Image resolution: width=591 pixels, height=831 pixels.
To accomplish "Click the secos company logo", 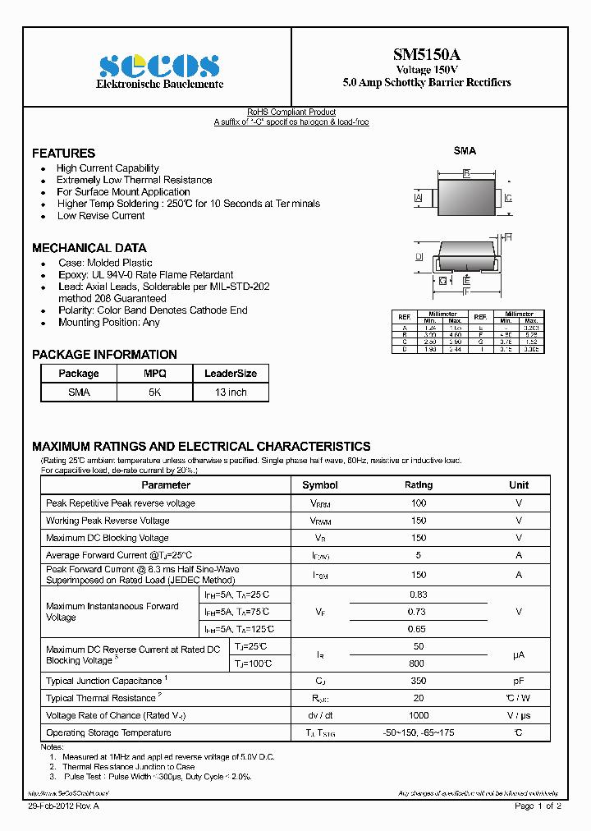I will point(158,66).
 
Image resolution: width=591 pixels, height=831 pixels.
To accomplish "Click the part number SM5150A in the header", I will point(426,55).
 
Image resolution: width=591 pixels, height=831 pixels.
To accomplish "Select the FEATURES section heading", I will point(63,154).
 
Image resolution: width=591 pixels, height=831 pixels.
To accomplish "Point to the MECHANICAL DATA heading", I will point(89,248).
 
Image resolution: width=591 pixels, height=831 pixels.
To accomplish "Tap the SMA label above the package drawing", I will point(465,151).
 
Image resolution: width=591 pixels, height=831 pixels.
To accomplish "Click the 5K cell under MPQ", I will point(154,393).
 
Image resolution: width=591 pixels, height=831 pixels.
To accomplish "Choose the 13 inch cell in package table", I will point(230,393).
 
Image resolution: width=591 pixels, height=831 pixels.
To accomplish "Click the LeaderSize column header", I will point(230,373).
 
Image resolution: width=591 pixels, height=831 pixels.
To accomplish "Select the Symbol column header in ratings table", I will point(319,485).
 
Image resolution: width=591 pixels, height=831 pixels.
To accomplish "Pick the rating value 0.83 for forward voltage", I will point(418,594).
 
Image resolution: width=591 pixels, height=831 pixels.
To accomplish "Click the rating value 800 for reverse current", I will point(418,663).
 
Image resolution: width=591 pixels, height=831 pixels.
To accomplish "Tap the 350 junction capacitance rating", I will point(418,681).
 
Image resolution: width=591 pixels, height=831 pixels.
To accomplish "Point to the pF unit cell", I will point(518,681).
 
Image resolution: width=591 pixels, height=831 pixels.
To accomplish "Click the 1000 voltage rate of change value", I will point(418,715).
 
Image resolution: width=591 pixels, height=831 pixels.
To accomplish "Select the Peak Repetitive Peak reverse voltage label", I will point(121,503).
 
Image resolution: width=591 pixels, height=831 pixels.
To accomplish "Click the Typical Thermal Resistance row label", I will point(101,698).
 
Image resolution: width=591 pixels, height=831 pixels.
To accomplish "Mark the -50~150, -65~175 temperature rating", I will point(418,732).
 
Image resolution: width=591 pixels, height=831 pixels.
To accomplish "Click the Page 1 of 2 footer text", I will point(538,806).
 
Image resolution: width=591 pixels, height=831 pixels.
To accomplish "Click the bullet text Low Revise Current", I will point(100,216).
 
